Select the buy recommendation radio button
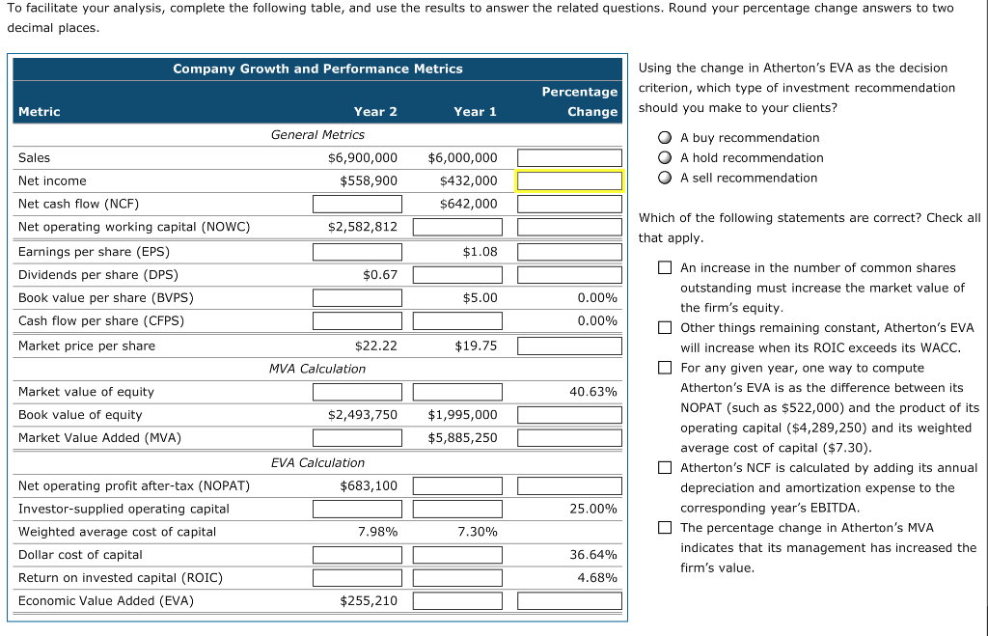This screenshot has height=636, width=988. pyautogui.click(x=665, y=138)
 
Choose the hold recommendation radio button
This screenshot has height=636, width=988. pyautogui.click(x=665, y=158)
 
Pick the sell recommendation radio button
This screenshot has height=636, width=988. pyautogui.click(x=665, y=178)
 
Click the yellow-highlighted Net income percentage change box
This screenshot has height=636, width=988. pyautogui.click(x=569, y=180)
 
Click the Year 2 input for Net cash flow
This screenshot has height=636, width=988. pyautogui.click(x=357, y=204)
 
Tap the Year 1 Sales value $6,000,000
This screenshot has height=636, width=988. pyautogui.click(x=462, y=157)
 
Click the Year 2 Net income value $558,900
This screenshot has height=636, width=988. pyautogui.click(x=368, y=180)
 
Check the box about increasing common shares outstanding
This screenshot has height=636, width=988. pyautogui.click(x=665, y=268)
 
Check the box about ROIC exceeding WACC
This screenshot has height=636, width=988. pyautogui.click(x=665, y=328)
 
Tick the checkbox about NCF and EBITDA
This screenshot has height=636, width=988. pyautogui.click(x=665, y=468)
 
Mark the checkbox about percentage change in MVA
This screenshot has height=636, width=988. pyautogui.click(x=665, y=528)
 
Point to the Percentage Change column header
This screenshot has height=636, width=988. pyautogui.click(x=579, y=101)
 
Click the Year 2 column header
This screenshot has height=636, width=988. pyautogui.click(x=375, y=112)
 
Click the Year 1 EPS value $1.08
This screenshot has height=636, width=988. pyautogui.click(x=480, y=251)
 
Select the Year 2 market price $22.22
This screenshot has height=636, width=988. pyautogui.click(x=375, y=346)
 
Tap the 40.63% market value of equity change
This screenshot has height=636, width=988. pyautogui.click(x=593, y=392)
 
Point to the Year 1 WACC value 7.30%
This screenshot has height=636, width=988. pyautogui.click(x=477, y=532)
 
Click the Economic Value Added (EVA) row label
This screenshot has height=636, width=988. pyautogui.click(x=106, y=601)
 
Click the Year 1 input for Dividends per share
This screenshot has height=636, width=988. pyautogui.click(x=457, y=275)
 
